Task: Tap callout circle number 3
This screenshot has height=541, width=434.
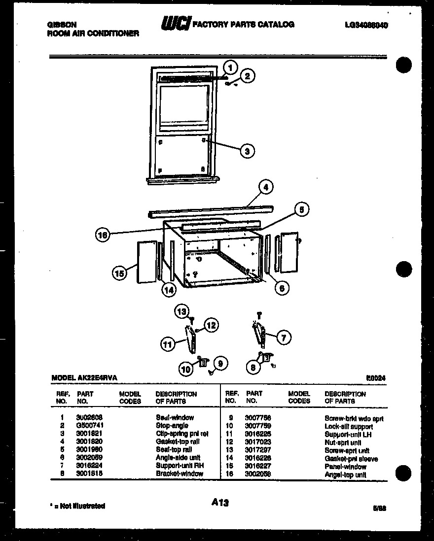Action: (247, 151)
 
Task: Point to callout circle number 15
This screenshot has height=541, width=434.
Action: (119, 272)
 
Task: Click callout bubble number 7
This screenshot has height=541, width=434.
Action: (283, 337)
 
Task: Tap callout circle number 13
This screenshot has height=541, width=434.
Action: (182, 311)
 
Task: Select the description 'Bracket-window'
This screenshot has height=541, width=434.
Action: (179, 473)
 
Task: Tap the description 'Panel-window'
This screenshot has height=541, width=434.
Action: (345, 467)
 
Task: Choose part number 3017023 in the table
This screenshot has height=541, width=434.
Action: (257, 442)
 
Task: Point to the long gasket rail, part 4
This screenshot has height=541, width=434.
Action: (211, 210)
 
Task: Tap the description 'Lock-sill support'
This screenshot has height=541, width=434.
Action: (348, 426)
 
